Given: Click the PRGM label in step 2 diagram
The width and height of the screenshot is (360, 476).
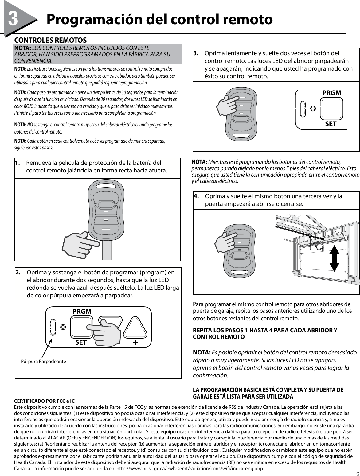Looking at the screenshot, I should [x=82, y=311].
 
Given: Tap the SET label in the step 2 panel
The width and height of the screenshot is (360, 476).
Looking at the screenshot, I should [x=81, y=342].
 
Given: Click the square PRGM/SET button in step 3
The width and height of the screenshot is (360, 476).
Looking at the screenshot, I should [x=332, y=109].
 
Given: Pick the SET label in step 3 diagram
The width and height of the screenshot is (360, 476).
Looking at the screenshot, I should [x=331, y=124].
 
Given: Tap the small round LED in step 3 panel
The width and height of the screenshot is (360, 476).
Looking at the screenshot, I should [x=313, y=109].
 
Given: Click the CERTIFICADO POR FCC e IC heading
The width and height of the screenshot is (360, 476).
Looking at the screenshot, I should [x=45, y=401].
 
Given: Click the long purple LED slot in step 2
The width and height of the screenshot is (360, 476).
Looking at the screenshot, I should [x=53, y=327].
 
